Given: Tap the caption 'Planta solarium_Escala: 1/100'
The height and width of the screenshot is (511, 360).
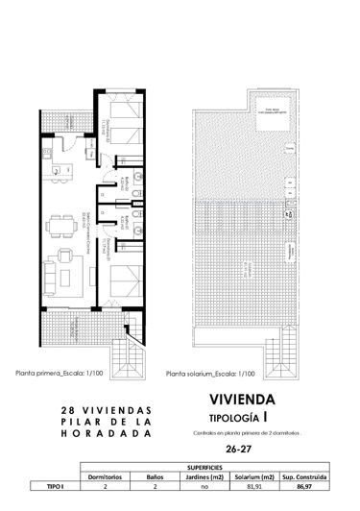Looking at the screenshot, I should coord(210,376).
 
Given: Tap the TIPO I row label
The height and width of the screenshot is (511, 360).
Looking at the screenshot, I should coord(46,487).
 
